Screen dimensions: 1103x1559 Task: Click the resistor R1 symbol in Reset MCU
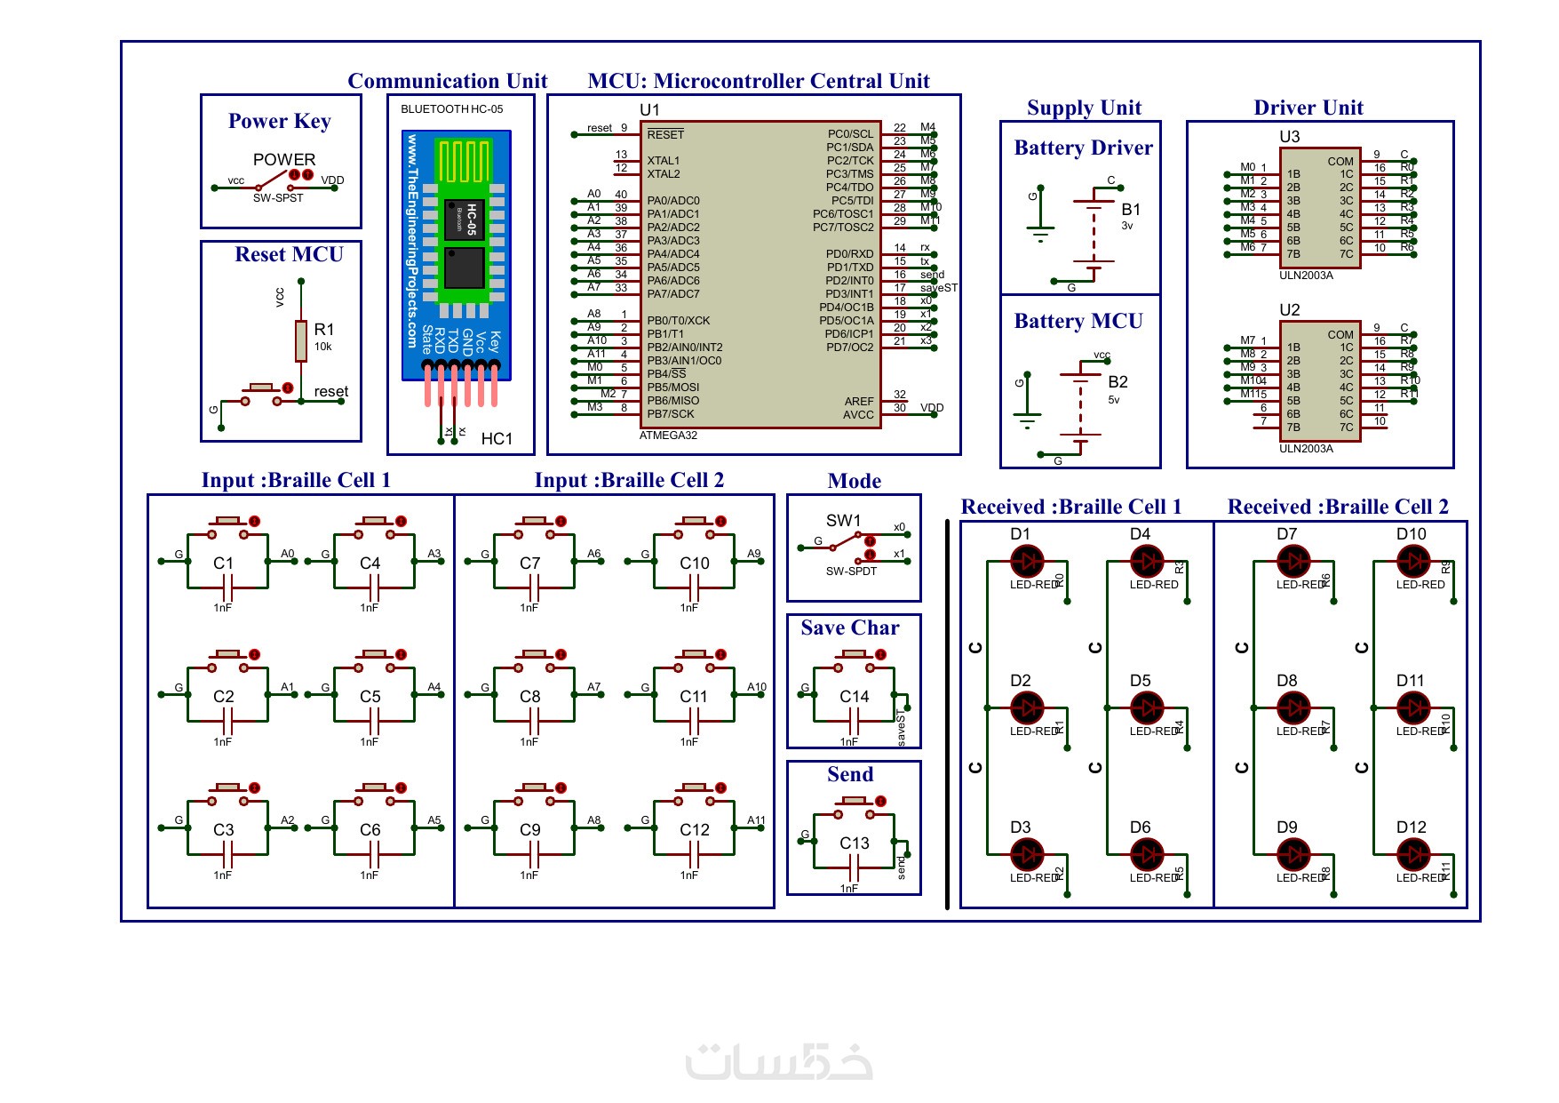click(301, 341)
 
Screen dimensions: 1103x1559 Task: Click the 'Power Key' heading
click(279, 121)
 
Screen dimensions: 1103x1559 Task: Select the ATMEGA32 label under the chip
click(668, 436)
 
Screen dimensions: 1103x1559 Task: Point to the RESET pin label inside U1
click(665, 134)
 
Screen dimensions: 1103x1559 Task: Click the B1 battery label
click(1131, 210)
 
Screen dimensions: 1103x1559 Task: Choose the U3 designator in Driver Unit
click(1289, 137)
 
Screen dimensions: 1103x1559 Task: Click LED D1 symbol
click(1028, 562)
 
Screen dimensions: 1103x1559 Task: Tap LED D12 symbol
click(1412, 855)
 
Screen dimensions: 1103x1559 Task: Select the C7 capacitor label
click(529, 563)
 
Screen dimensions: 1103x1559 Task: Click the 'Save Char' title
click(849, 628)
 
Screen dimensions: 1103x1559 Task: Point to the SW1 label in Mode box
click(843, 521)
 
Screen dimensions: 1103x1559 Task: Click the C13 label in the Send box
click(855, 843)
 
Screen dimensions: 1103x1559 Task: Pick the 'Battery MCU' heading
click(1078, 322)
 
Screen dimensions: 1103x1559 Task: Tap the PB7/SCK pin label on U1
click(671, 414)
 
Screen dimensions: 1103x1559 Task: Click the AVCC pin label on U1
click(858, 415)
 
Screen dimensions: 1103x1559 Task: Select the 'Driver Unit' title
click(1308, 108)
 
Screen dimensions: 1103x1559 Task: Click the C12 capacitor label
click(695, 830)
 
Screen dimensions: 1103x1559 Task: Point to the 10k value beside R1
click(322, 347)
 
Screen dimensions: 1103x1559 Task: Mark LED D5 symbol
click(1147, 708)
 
